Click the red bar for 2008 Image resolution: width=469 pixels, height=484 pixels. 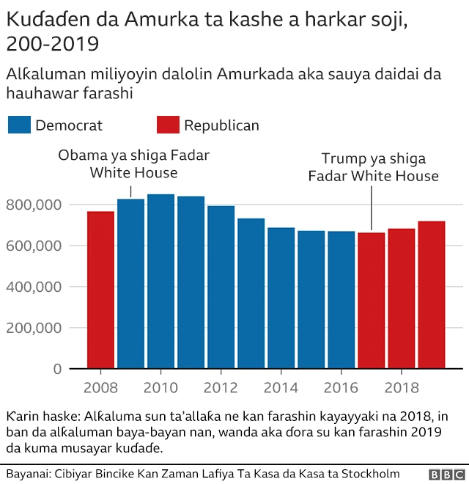[100, 290]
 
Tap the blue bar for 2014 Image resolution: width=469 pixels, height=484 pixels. [281, 298]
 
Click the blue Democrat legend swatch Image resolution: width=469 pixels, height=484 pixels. [19, 125]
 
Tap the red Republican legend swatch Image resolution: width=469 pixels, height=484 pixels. [168, 125]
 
